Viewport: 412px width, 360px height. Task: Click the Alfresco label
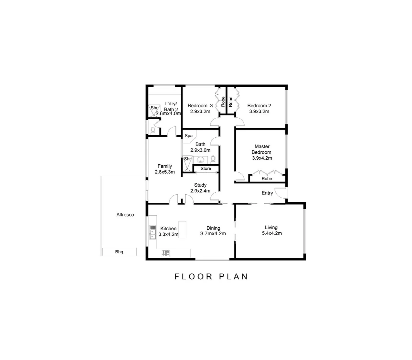pos(125,215)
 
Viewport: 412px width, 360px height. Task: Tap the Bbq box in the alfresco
pos(119,252)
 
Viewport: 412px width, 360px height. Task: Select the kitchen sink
pos(153,232)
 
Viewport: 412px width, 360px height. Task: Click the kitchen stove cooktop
pos(166,253)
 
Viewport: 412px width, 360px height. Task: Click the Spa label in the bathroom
pos(188,136)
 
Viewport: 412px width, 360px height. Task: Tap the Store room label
pos(205,169)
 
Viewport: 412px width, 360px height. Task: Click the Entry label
pos(267,193)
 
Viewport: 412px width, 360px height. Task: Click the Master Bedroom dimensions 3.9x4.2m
pos(262,158)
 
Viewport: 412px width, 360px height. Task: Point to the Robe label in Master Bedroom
pos(267,179)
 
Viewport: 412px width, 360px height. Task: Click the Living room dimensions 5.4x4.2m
pos(272,233)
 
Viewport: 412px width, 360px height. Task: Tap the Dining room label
pos(213,228)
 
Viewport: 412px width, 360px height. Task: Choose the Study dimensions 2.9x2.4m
pos(200,191)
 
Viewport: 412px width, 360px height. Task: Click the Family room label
pos(165,166)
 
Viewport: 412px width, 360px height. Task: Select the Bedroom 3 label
pos(200,106)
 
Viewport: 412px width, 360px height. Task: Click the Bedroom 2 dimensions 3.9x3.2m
pos(259,112)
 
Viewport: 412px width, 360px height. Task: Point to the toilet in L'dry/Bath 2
pos(153,129)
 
